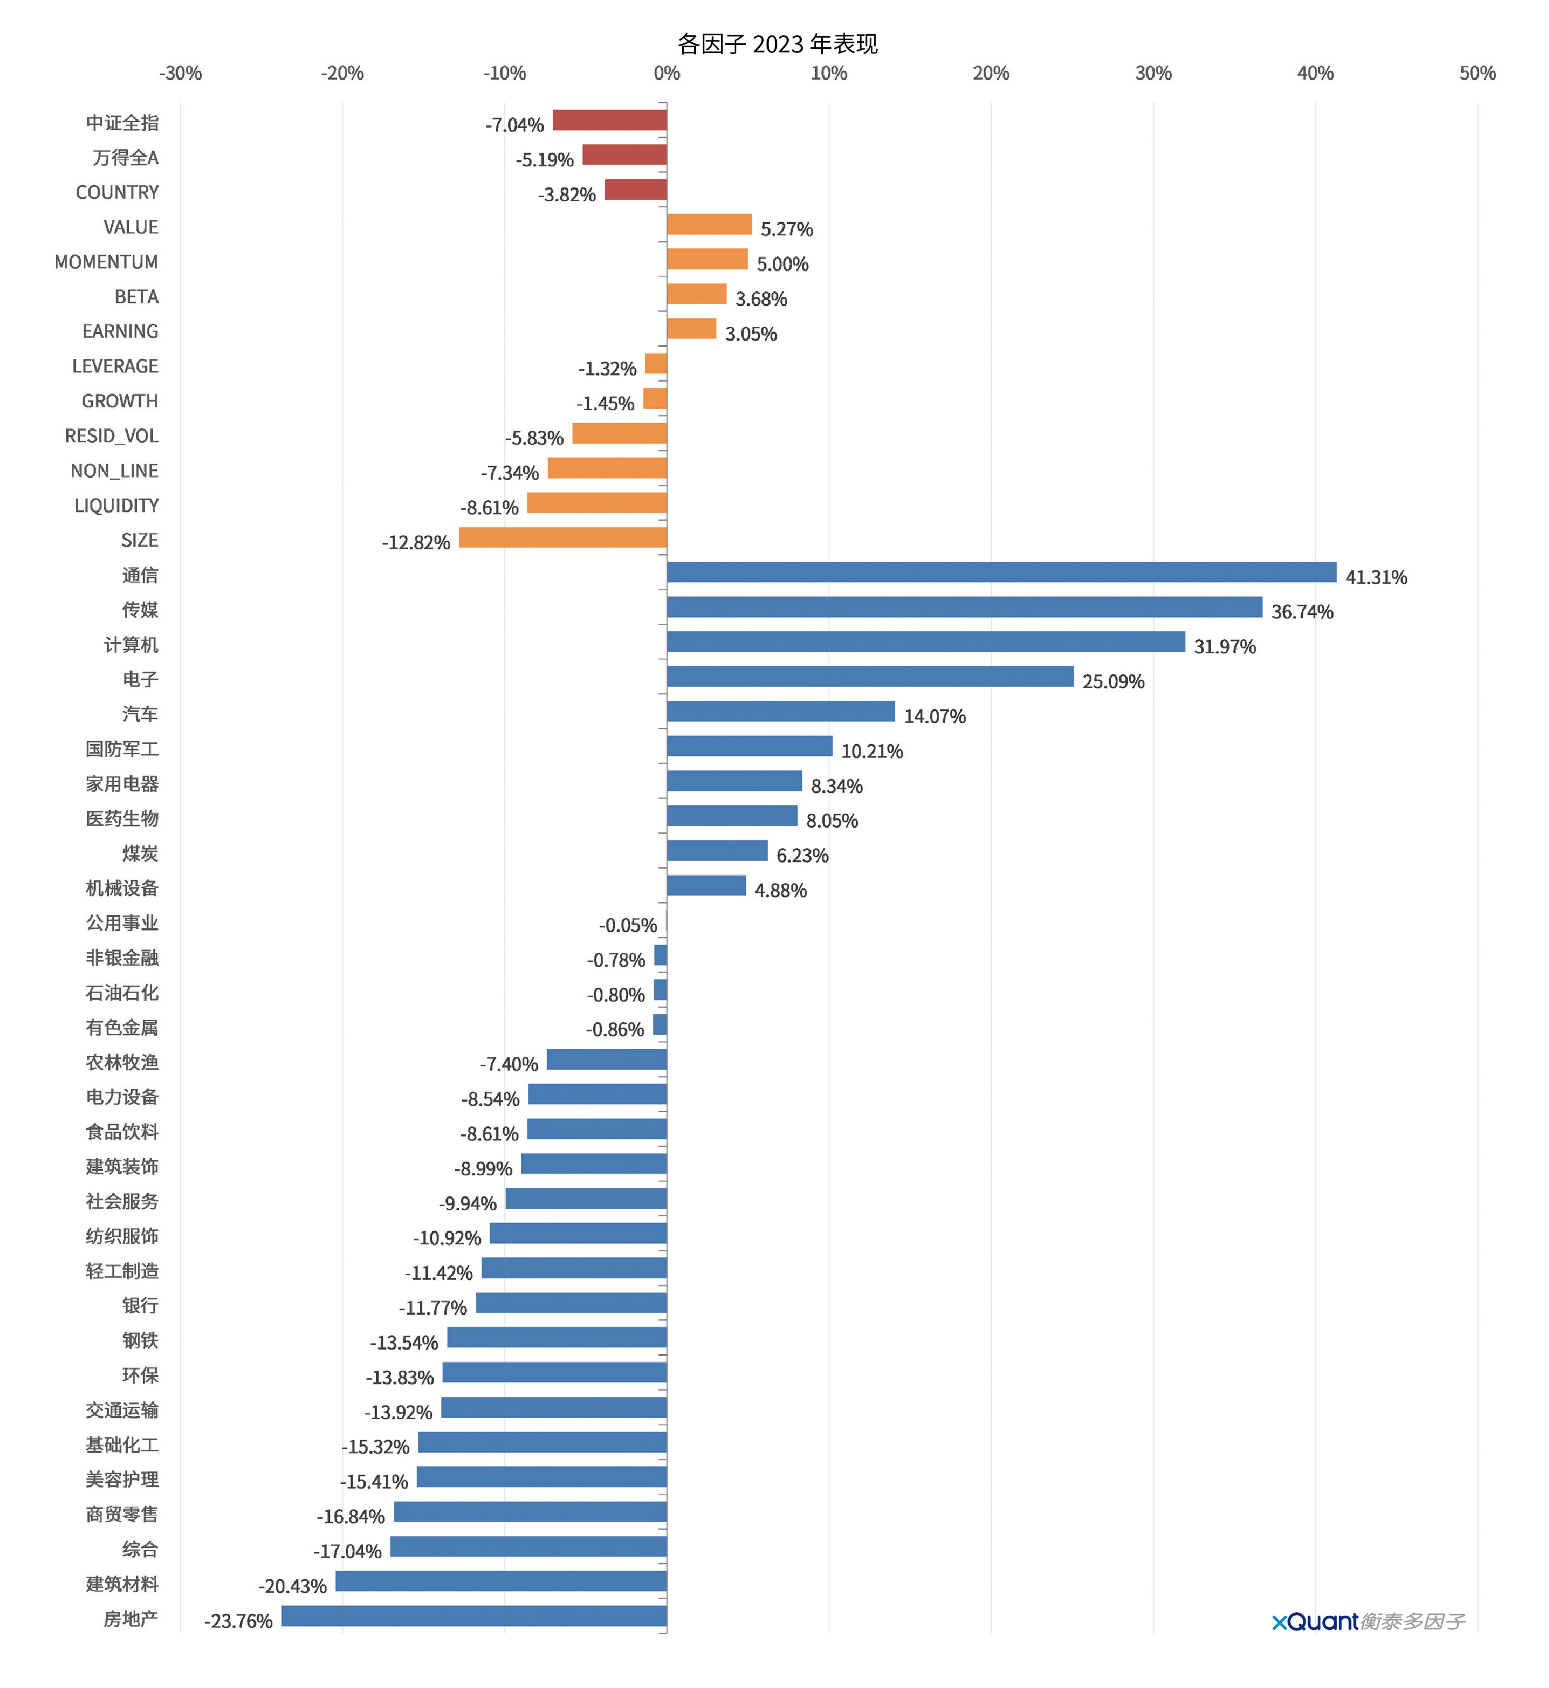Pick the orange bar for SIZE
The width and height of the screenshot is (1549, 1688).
(x=562, y=537)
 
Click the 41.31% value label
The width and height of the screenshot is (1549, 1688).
(x=1376, y=577)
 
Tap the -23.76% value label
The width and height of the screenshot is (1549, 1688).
(x=239, y=1621)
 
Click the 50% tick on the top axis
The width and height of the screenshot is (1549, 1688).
(x=1477, y=73)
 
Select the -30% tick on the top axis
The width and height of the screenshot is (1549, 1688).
(x=180, y=73)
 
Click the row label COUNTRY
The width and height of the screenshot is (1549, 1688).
(x=117, y=193)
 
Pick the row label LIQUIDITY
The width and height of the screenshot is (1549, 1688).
(x=116, y=506)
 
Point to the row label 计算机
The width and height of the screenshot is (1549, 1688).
(x=131, y=645)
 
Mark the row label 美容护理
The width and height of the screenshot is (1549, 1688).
(x=123, y=1480)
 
